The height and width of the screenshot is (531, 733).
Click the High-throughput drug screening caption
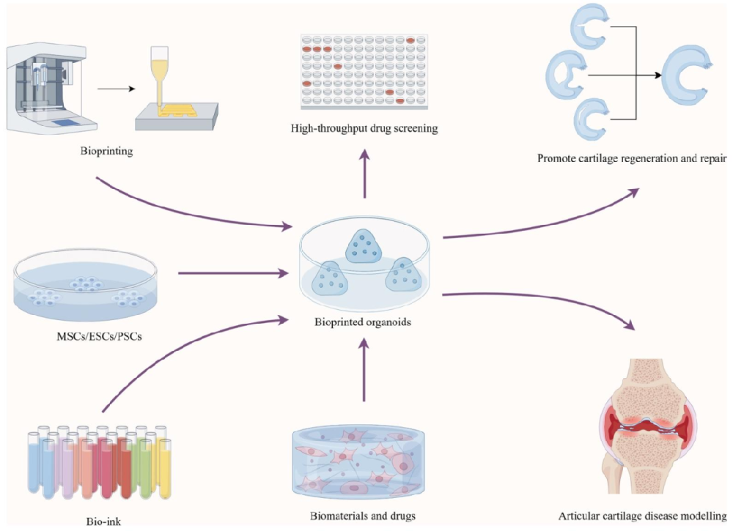[x=364, y=129]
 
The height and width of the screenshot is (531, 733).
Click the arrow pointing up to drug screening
[x=364, y=171]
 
